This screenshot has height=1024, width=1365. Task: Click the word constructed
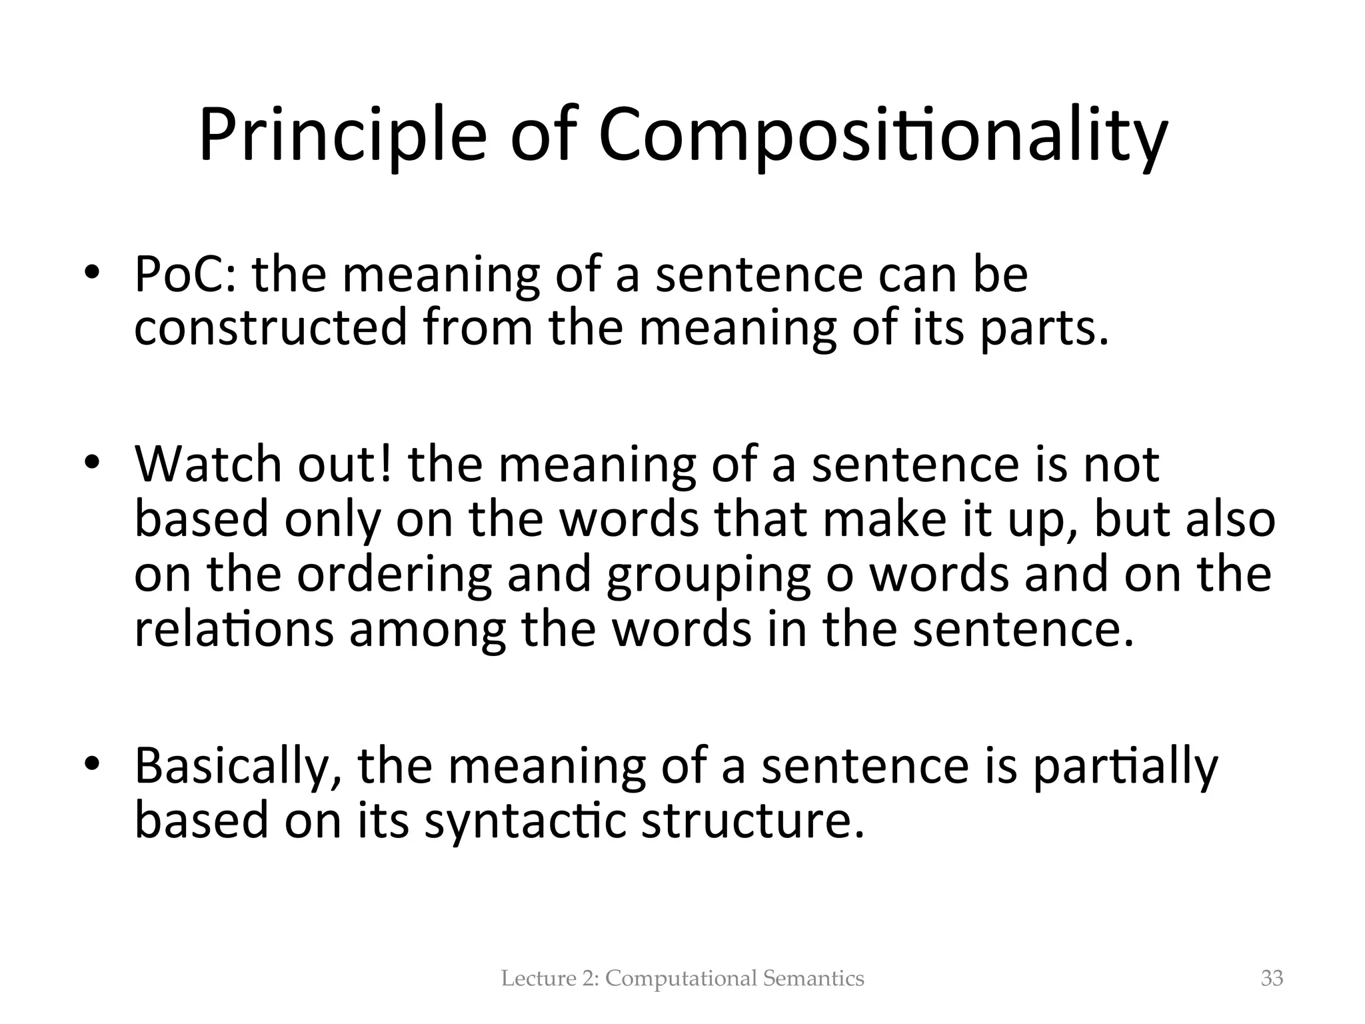click(270, 328)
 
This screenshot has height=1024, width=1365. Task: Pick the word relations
click(233, 629)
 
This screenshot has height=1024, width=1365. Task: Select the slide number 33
click(1272, 978)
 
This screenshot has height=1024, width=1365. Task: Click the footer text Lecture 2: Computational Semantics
click(682, 978)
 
